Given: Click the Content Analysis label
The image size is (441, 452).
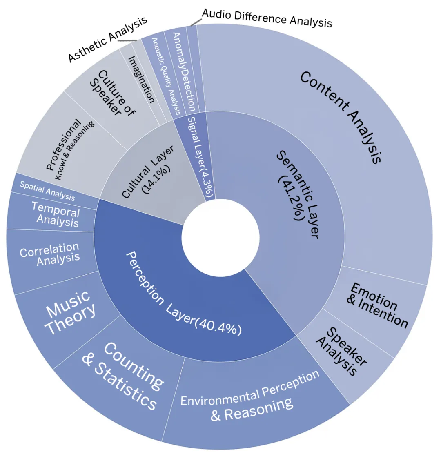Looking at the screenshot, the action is tap(341, 117).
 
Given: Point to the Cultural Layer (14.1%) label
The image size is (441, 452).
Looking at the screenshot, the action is tap(147, 172).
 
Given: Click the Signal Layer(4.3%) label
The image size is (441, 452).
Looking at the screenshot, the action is tap(200, 157).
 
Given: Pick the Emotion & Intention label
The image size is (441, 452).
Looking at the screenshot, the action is tap(377, 305).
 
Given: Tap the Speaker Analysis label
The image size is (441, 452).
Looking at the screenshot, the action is tap(341, 351).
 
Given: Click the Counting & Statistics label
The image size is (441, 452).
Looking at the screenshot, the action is tap(123, 376).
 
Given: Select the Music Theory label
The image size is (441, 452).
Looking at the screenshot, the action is tap(71, 312).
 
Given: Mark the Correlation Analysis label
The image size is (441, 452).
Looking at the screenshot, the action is tap(49, 254).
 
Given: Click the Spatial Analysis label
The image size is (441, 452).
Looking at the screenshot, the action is tap(47, 191).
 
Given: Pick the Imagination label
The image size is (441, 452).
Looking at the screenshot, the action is tap(141, 79).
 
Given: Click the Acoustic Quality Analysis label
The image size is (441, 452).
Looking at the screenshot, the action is tap(166, 76).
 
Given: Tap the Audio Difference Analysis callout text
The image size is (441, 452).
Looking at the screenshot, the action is tap(267, 18).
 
